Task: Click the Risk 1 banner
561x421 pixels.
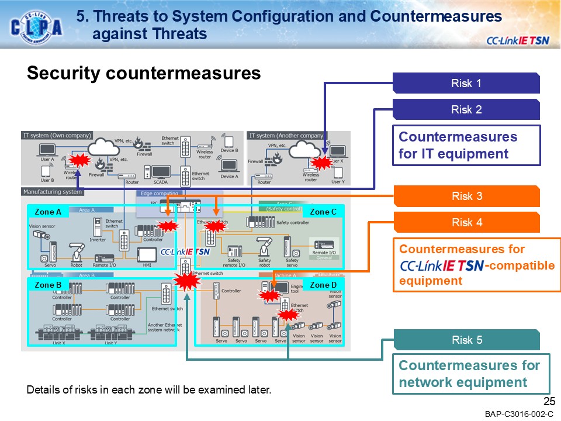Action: pyautogui.click(x=466, y=83)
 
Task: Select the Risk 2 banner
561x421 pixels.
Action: pyautogui.click(x=466, y=109)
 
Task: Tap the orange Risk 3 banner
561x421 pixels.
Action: pyautogui.click(x=466, y=196)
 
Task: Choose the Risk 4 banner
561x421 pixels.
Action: pyautogui.click(x=466, y=222)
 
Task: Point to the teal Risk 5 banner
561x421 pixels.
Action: pyautogui.click(x=466, y=340)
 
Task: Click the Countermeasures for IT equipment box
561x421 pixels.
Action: pyautogui.click(x=466, y=146)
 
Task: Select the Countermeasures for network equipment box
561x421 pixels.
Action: pyautogui.click(x=470, y=374)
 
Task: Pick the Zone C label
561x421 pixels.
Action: pyautogui.click(x=323, y=212)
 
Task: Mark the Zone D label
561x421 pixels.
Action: pyautogui.click(x=323, y=285)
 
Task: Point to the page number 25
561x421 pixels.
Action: pyautogui.click(x=549, y=401)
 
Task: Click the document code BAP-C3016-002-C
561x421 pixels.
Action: pyautogui.click(x=518, y=414)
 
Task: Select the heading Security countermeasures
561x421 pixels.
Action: pyautogui.click(x=143, y=73)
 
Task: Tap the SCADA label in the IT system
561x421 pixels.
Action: pyautogui.click(x=160, y=182)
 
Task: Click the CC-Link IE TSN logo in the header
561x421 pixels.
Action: pyautogui.click(x=517, y=40)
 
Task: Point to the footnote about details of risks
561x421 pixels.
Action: pyautogui.click(x=149, y=389)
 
